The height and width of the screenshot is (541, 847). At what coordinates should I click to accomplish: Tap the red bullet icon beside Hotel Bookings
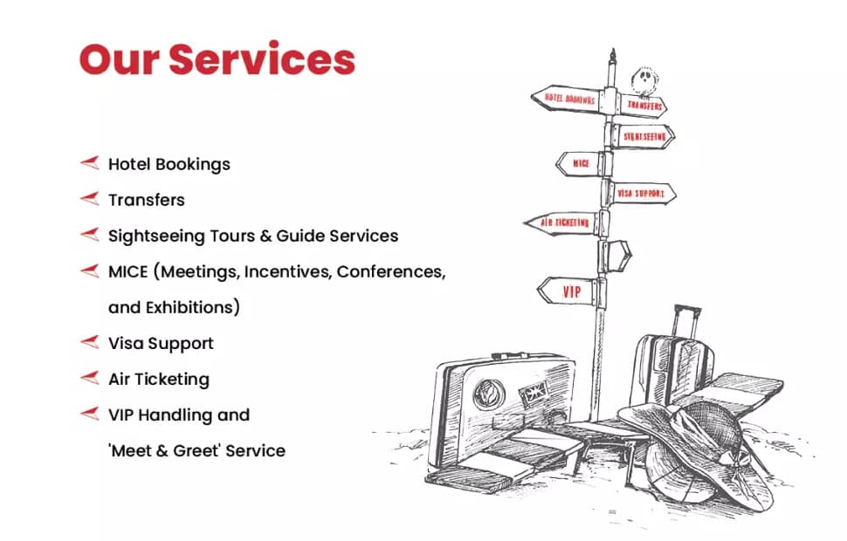pos(89,163)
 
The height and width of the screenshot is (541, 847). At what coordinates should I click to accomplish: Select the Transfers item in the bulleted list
pos(146,200)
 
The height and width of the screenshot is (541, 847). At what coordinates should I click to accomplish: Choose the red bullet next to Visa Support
pos(89,343)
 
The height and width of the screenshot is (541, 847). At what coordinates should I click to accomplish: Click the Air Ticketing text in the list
pos(158,379)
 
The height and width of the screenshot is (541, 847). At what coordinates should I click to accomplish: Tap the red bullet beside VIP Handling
pos(89,414)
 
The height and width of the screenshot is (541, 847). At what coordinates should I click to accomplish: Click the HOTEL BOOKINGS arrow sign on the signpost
pos(568,99)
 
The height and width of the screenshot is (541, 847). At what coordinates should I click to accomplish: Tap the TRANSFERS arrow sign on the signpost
pos(644,106)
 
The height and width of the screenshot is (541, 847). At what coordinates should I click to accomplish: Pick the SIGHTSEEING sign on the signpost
pos(644,136)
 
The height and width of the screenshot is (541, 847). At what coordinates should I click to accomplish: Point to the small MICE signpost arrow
pos(578,163)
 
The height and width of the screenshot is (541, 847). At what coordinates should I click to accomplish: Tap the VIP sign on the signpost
pos(569,291)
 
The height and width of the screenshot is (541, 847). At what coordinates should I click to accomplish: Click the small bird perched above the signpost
pos(645,80)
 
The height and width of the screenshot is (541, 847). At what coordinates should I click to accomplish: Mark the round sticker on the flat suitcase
pos(489,395)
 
